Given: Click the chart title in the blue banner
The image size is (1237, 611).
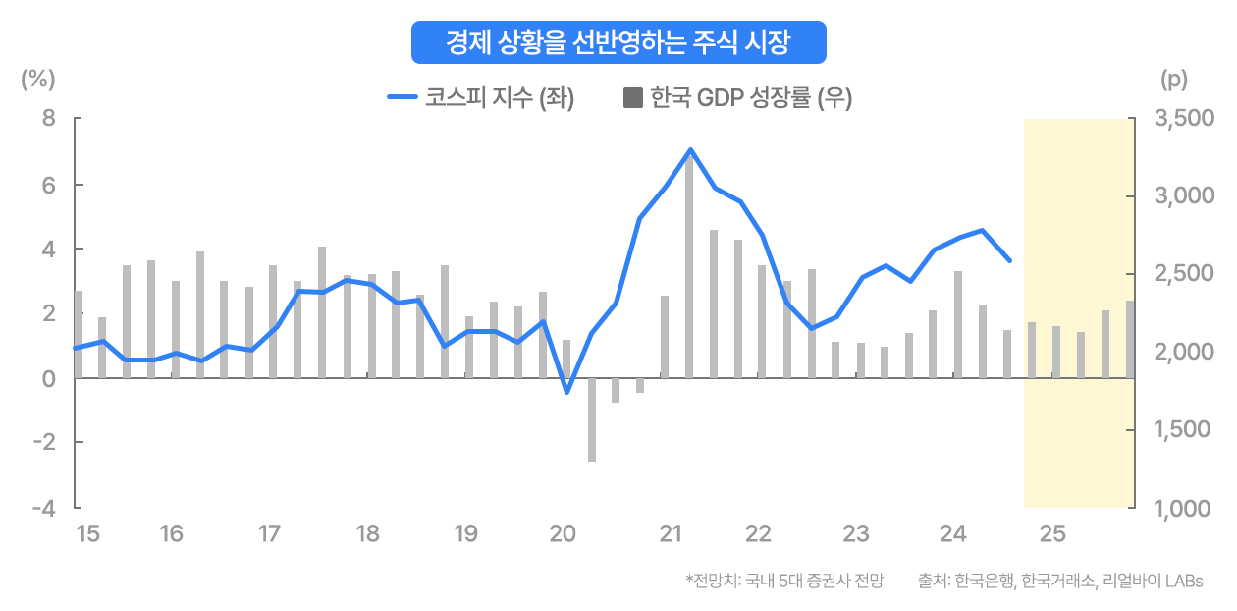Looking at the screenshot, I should [x=618, y=42].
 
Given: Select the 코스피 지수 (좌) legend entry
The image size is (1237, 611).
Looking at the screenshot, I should [x=480, y=97].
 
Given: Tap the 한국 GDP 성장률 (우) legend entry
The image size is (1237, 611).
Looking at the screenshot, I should [x=737, y=97].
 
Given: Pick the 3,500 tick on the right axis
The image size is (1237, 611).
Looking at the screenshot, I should [x=1186, y=119].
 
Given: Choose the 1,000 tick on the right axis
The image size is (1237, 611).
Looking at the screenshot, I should [x=1186, y=508].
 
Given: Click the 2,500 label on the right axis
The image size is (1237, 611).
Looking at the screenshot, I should [x=1186, y=274].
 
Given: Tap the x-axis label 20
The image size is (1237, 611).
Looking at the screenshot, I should [x=563, y=534].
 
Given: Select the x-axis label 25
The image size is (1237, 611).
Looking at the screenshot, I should [x=1052, y=534].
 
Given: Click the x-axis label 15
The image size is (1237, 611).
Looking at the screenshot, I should [x=87, y=534].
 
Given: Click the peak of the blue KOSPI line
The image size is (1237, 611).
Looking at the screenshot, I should [x=690, y=150].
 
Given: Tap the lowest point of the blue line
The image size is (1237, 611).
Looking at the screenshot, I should [x=566, y=392].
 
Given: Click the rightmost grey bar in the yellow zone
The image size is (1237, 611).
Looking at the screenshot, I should [x=1130, y=339].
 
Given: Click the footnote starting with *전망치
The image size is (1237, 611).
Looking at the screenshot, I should [x=784, y=581].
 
